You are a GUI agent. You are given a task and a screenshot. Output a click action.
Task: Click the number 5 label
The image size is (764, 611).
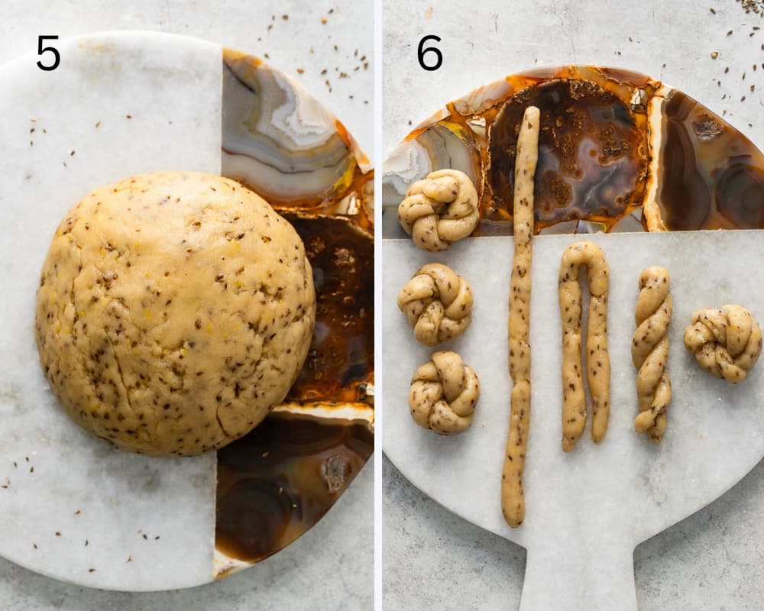point(48,53)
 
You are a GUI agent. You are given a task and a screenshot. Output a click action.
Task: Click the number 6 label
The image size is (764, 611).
point(429,53)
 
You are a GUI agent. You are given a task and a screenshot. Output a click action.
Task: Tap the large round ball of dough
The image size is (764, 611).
point(176,313)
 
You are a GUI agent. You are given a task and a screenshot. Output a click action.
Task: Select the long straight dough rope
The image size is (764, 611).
point(521,317)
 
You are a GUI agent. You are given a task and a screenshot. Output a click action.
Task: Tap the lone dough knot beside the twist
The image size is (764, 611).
point(723,343)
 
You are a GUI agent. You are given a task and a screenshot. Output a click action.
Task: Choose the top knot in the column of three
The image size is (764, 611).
point(439,210)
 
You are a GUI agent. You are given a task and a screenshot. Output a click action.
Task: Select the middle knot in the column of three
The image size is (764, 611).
point(435,303)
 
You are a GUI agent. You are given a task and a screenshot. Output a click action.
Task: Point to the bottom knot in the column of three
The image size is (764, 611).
point(444,393)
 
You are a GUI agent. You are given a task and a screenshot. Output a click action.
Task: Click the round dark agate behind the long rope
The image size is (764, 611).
point(570,151)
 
